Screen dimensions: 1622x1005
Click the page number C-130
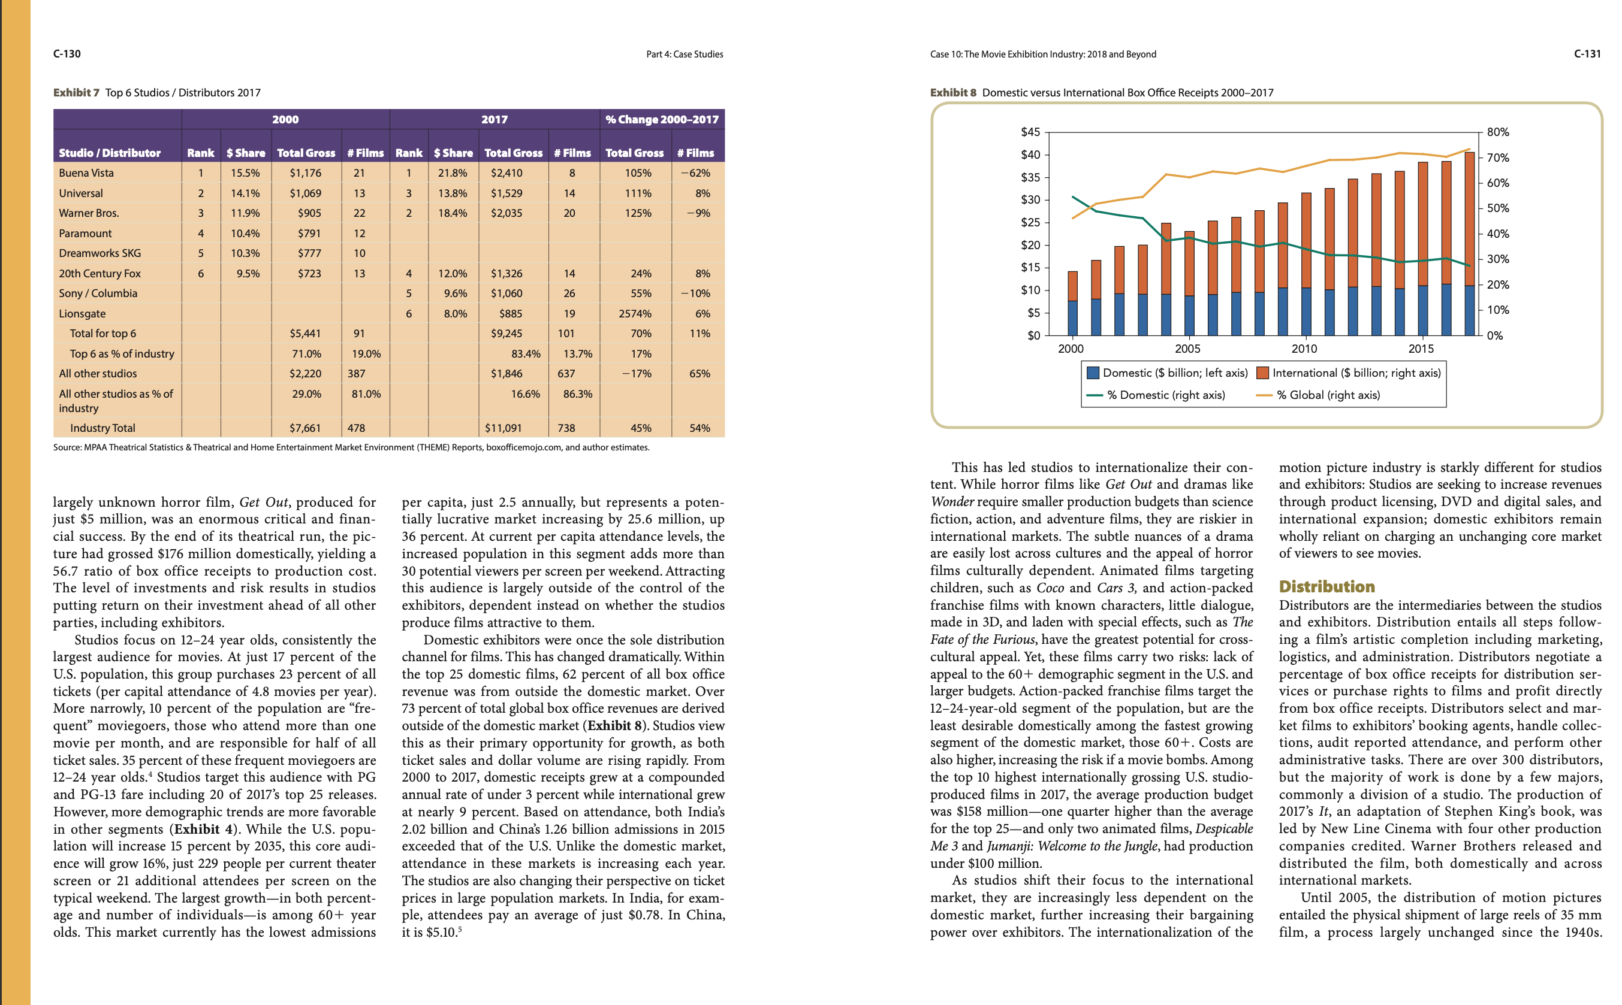67,54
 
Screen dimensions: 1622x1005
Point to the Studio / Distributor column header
110,153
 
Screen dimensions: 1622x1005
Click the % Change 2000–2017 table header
662,120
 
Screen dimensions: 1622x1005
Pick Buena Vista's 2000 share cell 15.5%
245,173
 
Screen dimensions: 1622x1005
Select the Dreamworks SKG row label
100,253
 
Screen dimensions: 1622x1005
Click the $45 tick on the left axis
1030,132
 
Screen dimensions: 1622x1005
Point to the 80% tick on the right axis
1498,132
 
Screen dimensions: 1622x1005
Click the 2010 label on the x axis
1304,349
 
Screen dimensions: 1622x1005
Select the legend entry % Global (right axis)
1328,395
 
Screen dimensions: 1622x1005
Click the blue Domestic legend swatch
1092,373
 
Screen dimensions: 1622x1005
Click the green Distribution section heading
1326,586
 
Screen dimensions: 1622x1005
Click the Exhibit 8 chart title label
1101,92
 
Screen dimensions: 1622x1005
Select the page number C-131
1587,54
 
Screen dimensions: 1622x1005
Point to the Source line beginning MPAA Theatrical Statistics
351,447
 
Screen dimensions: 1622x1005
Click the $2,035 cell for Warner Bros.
506,213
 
